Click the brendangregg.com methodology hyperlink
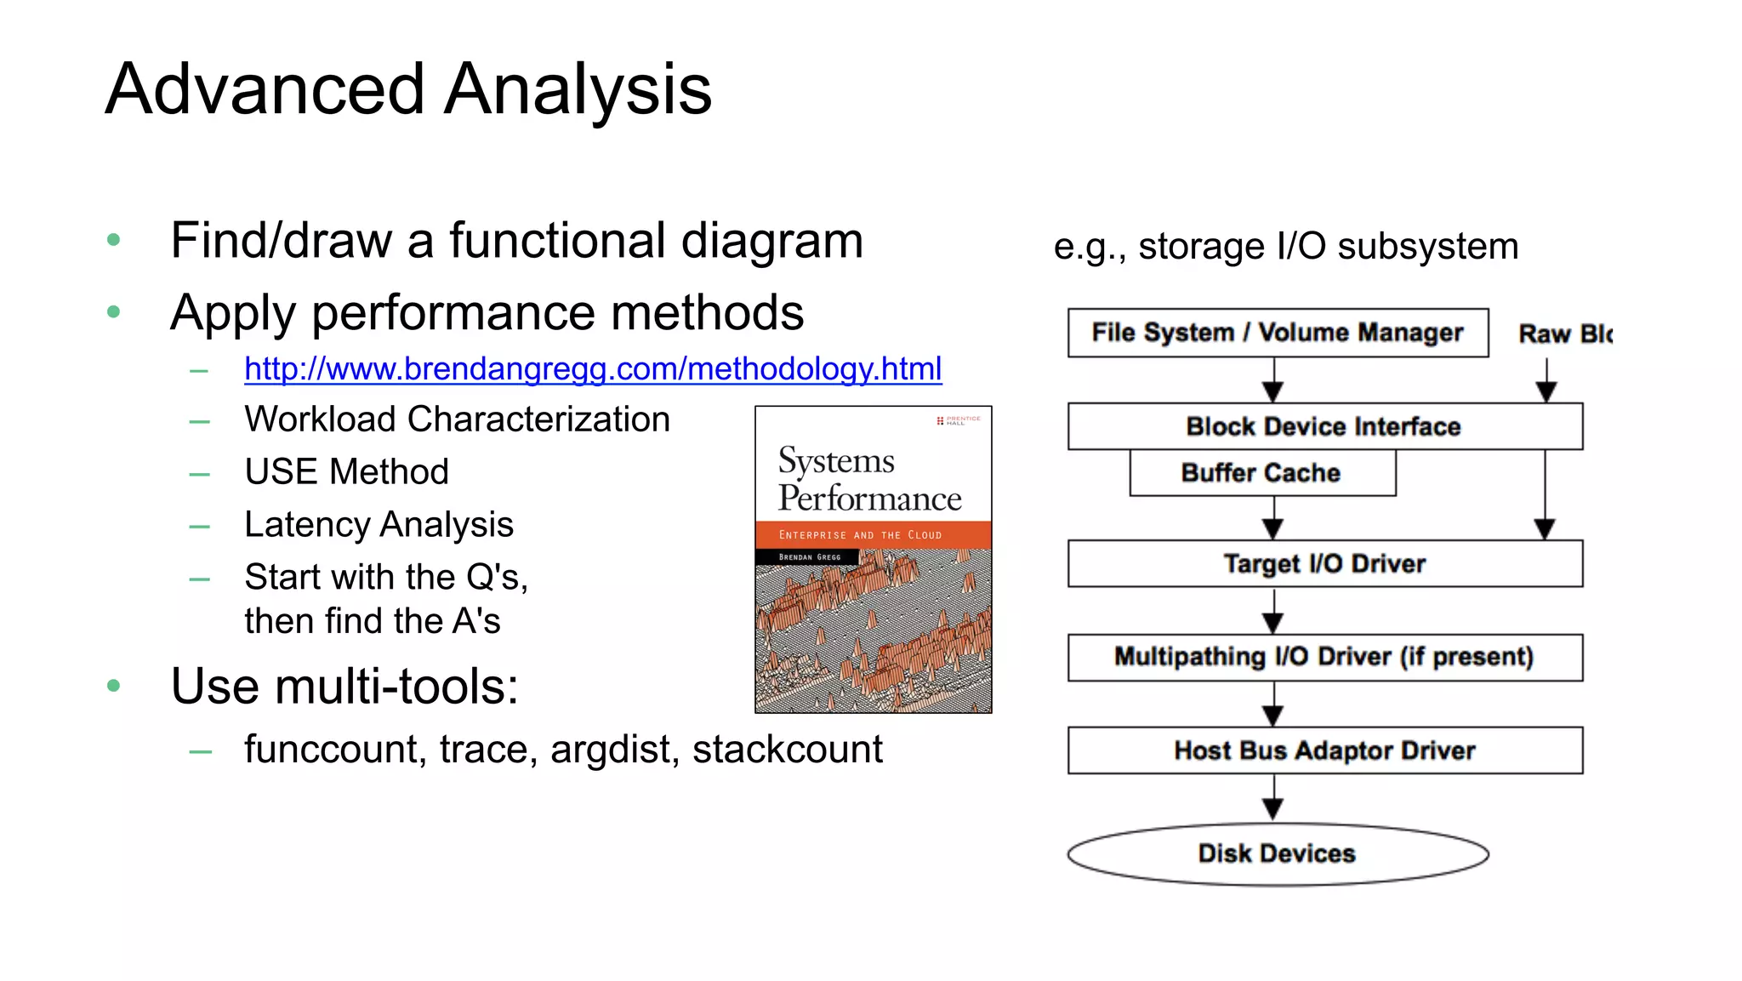tap(592, 369)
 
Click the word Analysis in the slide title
tap(578, 89)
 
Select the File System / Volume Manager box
tap(1277, 333)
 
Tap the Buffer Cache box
tap(1261, 473)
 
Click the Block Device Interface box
tap(1324, 426)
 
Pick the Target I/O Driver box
tap(1324, 563)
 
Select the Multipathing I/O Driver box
tap(1324, 657)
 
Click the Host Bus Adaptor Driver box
tap(1324, 750)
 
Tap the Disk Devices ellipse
tap(1277, 853)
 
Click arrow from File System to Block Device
tap(1272, 380)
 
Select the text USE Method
tap(346, 471)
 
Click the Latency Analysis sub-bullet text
tap(379, 524)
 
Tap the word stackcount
tap(787, 750)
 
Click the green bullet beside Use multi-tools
tap(114, 686)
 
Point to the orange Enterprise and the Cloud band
tap(873, 534)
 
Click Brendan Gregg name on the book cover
tap(809, 557)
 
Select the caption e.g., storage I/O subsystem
tap(1285, 247)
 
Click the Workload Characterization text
tap(457, 419)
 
